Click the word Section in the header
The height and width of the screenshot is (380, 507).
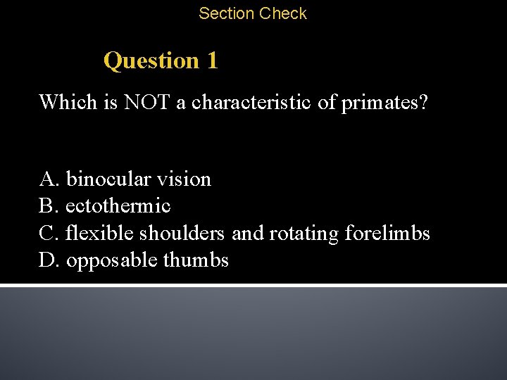click(x=227, y=13)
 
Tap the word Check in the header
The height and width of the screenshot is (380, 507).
click(x=283, y=13)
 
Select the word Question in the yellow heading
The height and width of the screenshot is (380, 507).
click(x=151, y=61)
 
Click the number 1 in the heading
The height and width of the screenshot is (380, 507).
click(x=212, y=61)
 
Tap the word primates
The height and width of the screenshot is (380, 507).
click(x=384, y=103)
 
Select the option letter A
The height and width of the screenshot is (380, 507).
click(x=48, y=179)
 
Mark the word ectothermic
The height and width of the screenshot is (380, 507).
click(x=118, y=206)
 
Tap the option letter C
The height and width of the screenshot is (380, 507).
click(x=48, y=233)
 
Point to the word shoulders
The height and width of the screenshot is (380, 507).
click(x=182, y=233)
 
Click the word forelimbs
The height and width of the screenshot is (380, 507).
click(x=387, y=233)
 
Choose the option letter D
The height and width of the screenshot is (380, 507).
click(x=48, y=260)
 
